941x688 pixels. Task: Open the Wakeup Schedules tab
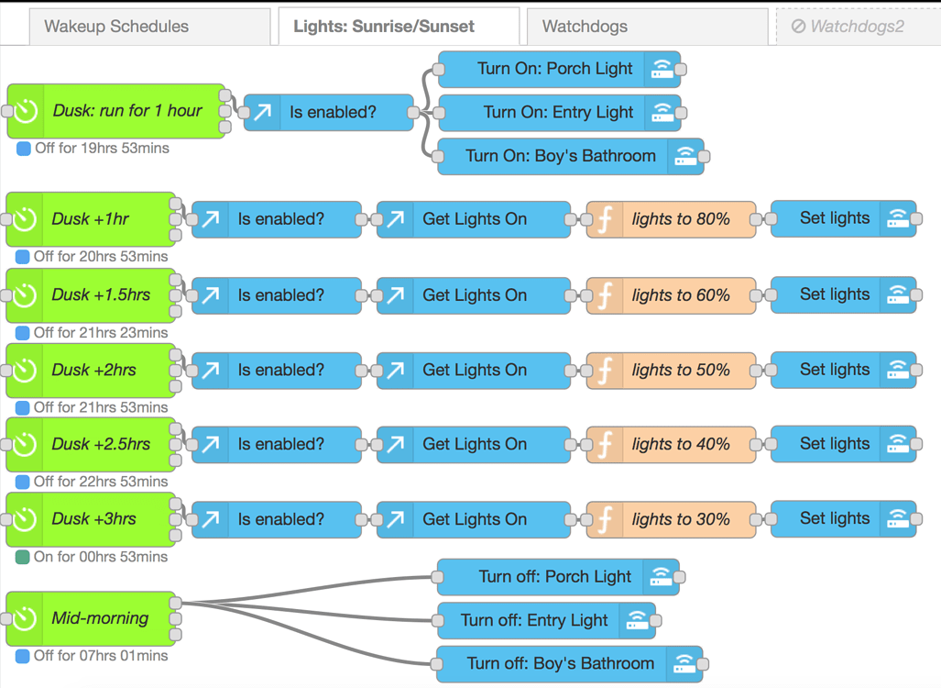click(x=116, y=27)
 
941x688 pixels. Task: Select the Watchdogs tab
click(x=585, y=27)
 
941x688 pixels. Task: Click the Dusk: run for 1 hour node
click(x=126, y=111)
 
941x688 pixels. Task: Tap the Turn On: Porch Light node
click(x=554, y=69)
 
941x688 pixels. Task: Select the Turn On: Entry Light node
click(x=557, y=113)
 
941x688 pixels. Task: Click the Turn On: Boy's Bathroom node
click(x=560, y=156)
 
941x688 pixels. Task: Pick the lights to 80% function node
click(x=680, y=219)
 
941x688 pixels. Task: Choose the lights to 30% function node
click(x=680, y=519)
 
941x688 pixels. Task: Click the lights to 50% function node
click(x=680, y=371)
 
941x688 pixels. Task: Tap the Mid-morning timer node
click(x=99, y=618)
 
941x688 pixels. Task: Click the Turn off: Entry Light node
click(x=533, y=621)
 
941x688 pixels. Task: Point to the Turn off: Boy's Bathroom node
click(x=559, y=664)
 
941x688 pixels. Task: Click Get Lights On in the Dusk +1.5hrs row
click(x=474, y=295)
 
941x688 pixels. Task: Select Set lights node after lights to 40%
click(x=834, y=444)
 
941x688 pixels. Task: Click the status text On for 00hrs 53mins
click(x=100, y=557)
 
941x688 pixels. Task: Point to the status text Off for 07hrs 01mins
click(x=101, y=656)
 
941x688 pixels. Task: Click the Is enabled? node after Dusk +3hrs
click(x=279, y=519)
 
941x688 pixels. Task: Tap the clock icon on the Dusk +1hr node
click(x=25, y=219)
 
